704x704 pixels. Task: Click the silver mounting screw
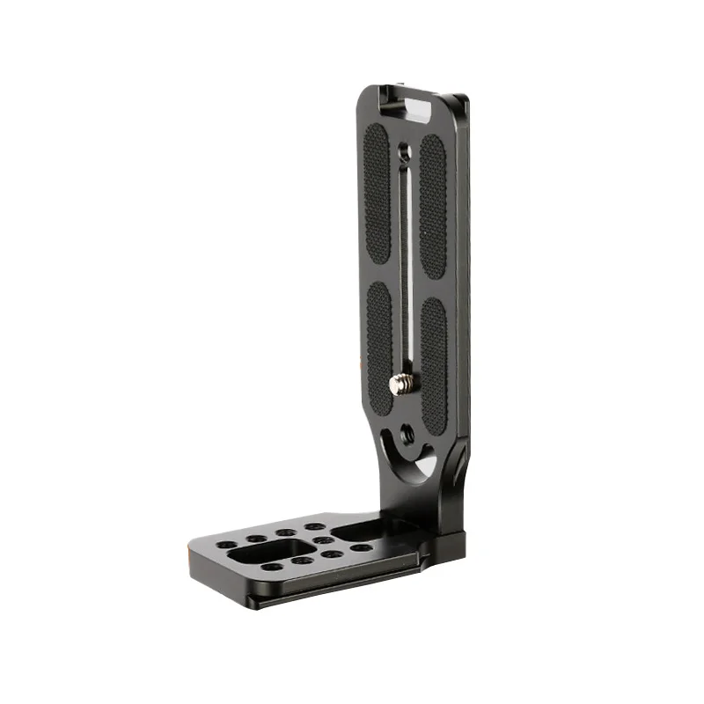coord(400,383)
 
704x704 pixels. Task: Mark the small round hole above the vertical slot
coord(402,151)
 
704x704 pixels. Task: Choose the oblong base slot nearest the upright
coord(356,532)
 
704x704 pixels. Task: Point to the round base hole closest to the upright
coord(362,547)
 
